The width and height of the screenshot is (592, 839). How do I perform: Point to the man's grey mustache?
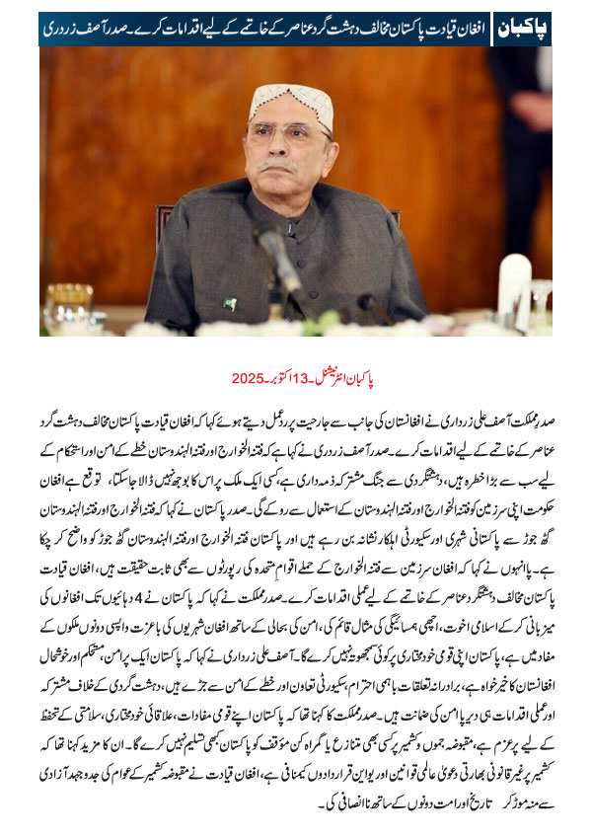click(289, 164)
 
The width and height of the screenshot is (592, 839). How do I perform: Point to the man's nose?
click(289, 148)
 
